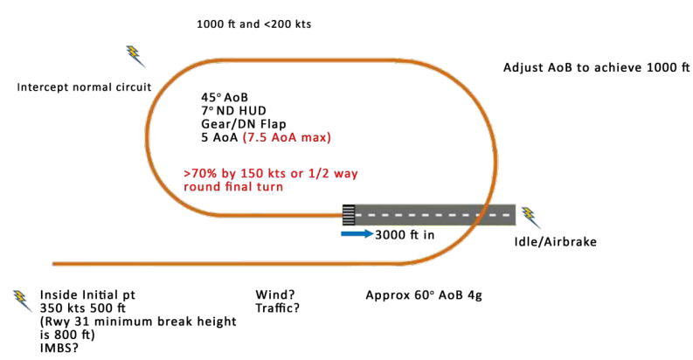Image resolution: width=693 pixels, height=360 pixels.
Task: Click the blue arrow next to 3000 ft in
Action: point(356,234)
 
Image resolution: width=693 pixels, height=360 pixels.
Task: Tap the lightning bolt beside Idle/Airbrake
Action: point(530,218)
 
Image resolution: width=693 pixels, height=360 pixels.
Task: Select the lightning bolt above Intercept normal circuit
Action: point(135,56)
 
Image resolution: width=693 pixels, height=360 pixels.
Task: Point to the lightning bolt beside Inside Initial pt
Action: point(23,300)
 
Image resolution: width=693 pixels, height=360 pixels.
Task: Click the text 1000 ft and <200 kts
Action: point(253,24)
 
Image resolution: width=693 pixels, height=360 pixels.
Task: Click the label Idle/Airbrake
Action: point(555,240)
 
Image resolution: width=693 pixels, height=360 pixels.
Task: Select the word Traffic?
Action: point(278,308)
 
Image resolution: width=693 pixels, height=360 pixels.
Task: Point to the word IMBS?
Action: point(59,348)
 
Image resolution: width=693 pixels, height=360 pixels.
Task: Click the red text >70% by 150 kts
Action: point(240,173)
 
